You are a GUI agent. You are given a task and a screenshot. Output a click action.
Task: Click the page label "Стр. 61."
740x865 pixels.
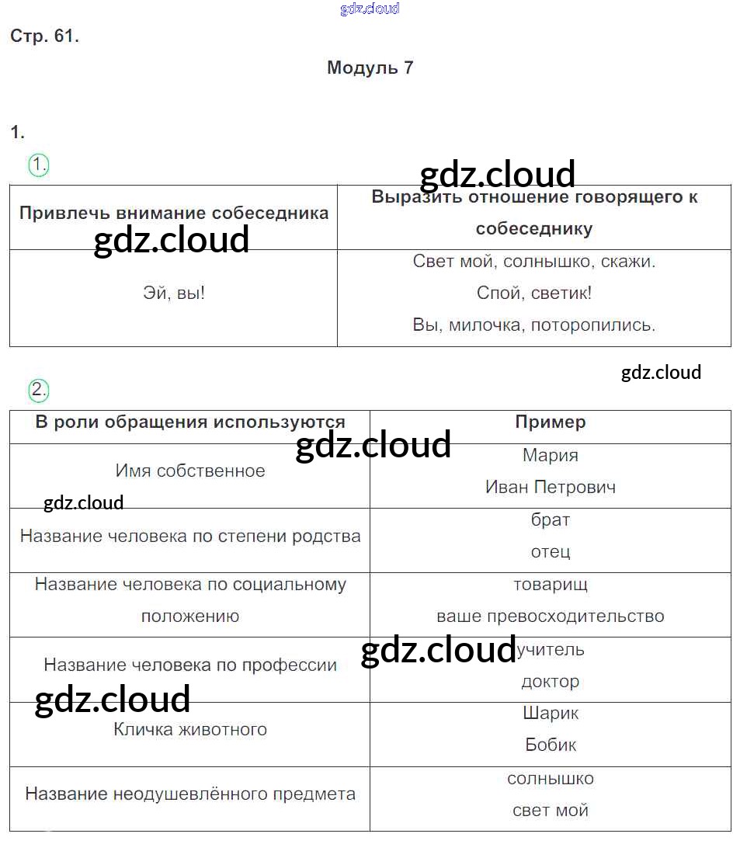click(45, 36)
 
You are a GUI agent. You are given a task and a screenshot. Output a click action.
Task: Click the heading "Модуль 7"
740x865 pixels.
click(370, 68)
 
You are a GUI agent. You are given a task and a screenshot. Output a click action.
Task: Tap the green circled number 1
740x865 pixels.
click(39, 165)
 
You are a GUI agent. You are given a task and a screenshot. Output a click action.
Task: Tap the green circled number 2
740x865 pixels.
click(39, 390)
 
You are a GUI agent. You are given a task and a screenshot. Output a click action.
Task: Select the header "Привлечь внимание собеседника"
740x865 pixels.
click(174, 213)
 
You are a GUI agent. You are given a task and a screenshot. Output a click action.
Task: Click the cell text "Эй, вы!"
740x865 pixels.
click(174, 293)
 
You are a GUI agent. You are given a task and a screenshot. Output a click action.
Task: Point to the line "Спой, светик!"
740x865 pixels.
click(534, 293)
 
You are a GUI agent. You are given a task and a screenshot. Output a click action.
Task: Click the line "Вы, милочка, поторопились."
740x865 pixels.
click(534, 325)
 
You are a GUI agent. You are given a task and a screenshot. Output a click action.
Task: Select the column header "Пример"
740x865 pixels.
click(551, 422)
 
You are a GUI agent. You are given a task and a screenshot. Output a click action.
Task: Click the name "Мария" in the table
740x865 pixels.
click(551, 455)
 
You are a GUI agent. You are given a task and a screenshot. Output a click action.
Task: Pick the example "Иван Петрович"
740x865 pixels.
click(551, 487)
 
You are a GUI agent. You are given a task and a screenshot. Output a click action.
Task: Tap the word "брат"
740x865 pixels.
click(551, 519)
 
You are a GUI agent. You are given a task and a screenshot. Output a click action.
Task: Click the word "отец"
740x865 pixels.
click(551, 551)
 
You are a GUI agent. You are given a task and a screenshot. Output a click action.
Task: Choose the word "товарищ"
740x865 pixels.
click(551, 584)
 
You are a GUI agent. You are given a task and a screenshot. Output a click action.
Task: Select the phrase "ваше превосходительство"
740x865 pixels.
click(551, 617)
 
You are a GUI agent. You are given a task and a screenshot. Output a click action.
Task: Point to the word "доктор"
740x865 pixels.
click(551, 682)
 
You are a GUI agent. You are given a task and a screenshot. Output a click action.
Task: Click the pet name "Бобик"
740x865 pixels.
click(551, 745)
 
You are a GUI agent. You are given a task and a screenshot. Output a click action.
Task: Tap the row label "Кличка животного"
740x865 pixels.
click(189, 729)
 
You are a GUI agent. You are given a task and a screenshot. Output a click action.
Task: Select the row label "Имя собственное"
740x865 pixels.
click(189, 471)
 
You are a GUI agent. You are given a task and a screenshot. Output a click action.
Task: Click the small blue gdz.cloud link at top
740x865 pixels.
click(370, 9)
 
